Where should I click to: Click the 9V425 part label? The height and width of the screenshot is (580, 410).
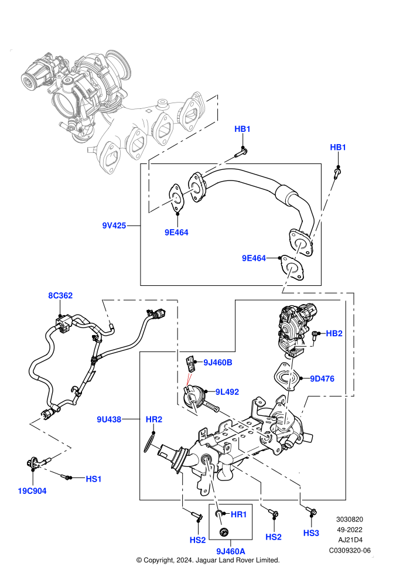114,226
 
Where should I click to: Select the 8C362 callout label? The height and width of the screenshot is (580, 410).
60,295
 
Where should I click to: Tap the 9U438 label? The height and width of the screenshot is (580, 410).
109,419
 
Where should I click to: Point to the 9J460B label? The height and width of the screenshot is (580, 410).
218,363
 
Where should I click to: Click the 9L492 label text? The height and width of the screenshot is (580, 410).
227,392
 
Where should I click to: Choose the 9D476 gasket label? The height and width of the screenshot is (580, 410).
322,378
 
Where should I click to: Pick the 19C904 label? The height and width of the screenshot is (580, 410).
32,491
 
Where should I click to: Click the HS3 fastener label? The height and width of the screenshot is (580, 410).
311,533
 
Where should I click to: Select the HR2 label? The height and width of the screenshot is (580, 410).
154,419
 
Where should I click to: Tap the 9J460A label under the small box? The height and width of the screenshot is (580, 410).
231,551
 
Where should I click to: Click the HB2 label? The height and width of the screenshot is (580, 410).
334,333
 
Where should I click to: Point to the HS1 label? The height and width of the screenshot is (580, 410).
94,479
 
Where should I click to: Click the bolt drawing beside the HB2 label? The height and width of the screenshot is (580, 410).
315,335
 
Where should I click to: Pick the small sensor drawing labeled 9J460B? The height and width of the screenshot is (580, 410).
190,363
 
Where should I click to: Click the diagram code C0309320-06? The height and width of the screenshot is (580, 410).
350,550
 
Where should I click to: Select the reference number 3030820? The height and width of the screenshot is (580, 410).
350,519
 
